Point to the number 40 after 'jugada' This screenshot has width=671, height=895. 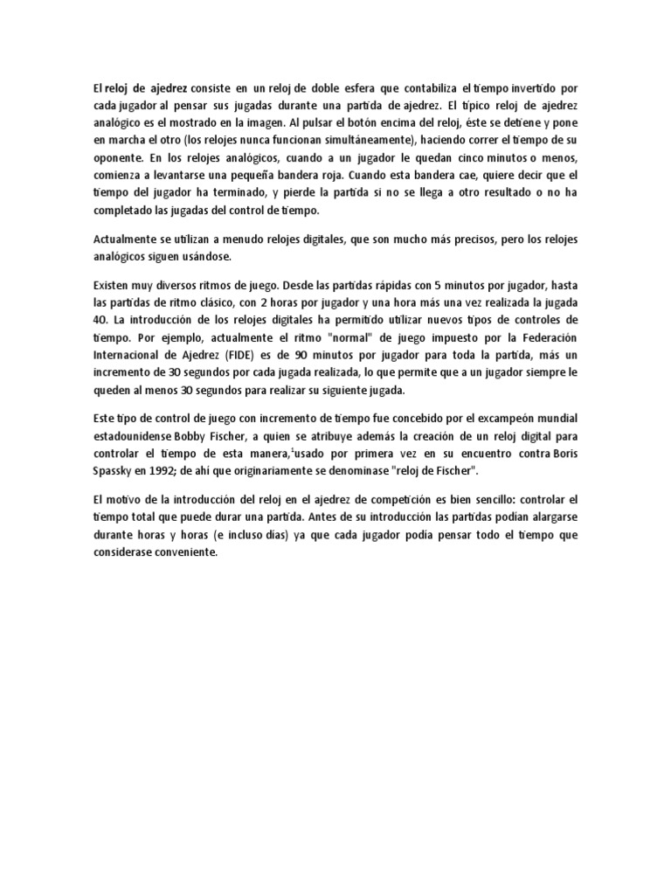102,320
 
